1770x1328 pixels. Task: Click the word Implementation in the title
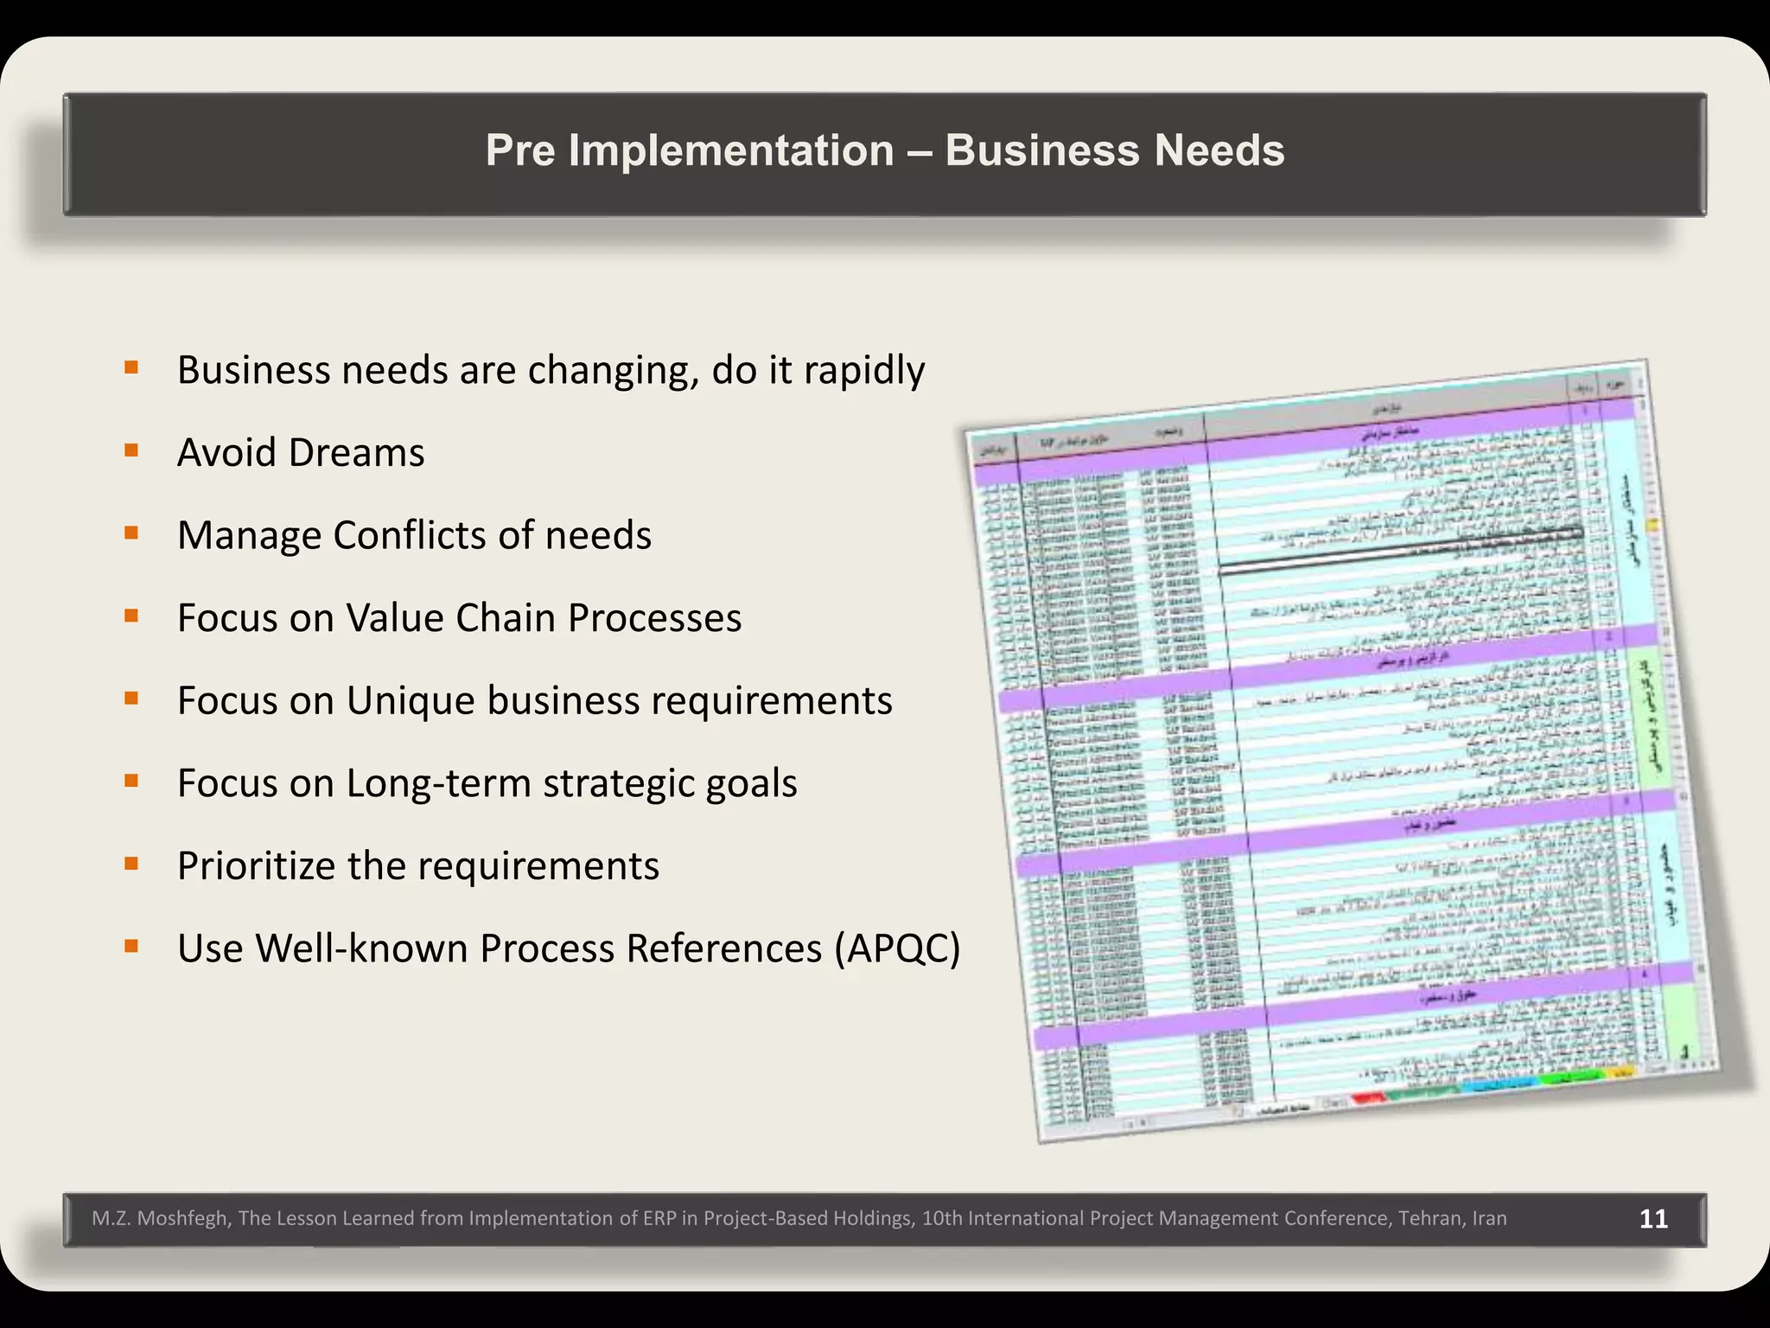coord(731,150)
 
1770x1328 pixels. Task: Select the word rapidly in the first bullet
coord(864,370)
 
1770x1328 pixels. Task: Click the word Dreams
coord(356,452)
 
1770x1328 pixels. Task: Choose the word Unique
coord(410,700)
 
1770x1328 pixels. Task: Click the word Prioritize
coord(256,866)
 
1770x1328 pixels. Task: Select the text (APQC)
coord(897,948)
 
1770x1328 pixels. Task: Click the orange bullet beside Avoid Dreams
coord(131,450)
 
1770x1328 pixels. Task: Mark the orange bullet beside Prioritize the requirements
coord(131,864)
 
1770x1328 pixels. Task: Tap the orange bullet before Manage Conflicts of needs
coord(131,533)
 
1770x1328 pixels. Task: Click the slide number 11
coord(1653,1219)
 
